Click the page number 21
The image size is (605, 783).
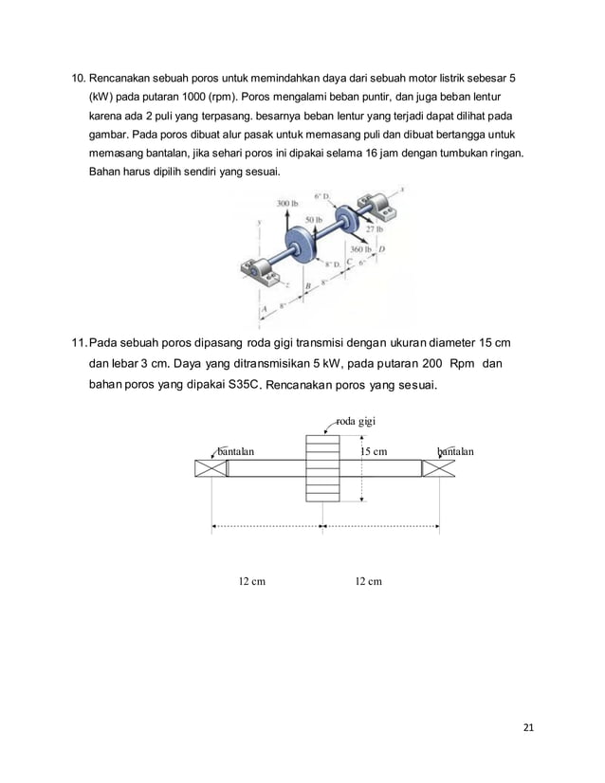528,727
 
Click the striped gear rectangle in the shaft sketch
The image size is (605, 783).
322,468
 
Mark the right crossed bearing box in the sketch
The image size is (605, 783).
437,468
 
